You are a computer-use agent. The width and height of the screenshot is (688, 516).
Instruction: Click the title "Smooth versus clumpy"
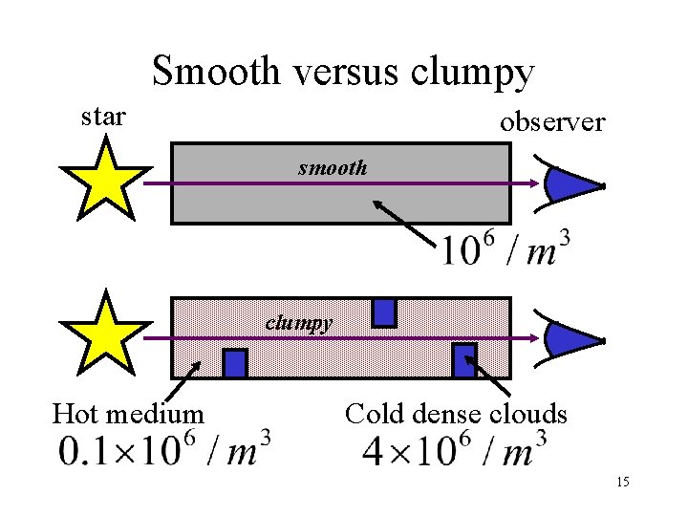[342, 71]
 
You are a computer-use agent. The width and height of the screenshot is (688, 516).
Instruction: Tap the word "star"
[102, 118]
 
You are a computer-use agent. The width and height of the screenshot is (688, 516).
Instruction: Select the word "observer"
[551, 122]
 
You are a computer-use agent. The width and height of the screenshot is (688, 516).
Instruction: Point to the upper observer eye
[571, 183]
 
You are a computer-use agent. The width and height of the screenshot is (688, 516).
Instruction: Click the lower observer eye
[571, 339]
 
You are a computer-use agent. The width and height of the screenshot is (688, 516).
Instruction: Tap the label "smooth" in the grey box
[332, 168]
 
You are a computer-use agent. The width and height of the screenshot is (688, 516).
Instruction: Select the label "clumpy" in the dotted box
[299, 322]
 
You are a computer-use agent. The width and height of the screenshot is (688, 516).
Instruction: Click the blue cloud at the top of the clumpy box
[384, 312]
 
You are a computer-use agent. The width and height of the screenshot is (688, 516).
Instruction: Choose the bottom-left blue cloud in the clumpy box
[235, 363]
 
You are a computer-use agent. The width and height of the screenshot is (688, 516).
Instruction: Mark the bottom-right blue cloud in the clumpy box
[464, 357]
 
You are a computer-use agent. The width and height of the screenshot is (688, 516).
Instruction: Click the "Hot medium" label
[128, 414]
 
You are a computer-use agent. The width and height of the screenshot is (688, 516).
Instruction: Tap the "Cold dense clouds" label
[456, 414]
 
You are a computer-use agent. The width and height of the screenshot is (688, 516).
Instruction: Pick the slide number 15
[622, 483]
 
